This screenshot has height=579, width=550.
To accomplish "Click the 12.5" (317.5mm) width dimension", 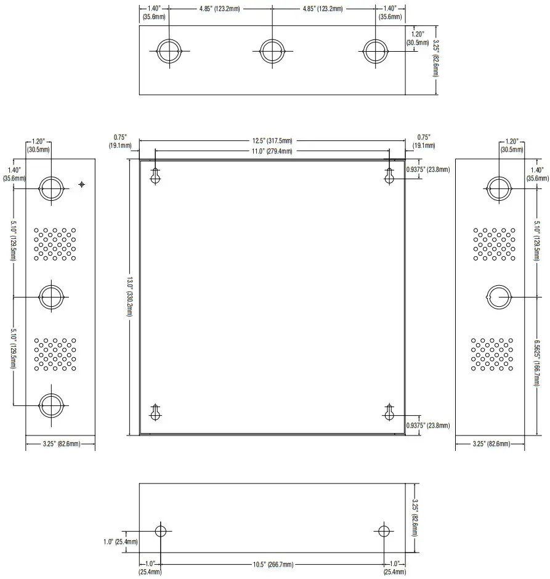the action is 272,140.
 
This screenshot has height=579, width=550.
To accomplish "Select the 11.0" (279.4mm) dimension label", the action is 272,151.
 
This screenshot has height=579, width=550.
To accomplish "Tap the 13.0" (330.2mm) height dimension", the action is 130,296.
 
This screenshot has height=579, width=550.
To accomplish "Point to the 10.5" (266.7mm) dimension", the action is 273,564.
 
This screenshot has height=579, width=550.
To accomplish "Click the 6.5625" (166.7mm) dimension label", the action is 537,363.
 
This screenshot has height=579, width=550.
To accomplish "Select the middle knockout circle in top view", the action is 272,51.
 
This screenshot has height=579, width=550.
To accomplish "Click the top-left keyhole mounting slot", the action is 155,176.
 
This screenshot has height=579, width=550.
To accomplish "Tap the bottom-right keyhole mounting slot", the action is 389,413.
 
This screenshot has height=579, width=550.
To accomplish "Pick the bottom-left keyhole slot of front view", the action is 155,413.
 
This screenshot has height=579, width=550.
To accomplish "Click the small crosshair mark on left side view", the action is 81,184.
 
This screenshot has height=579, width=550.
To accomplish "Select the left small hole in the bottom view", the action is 161,532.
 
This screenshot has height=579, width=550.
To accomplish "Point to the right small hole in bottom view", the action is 384,532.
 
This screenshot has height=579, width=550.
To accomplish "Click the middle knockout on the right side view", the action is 499,297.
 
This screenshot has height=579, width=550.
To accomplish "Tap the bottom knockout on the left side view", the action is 51,405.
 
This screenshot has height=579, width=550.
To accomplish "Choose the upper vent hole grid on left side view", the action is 55,244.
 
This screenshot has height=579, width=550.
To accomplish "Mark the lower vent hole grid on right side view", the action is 492,354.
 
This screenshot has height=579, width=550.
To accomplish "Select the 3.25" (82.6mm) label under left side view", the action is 61,444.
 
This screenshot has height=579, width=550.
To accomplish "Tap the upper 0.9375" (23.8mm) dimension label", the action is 428,169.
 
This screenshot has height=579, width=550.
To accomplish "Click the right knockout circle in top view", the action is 376,51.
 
